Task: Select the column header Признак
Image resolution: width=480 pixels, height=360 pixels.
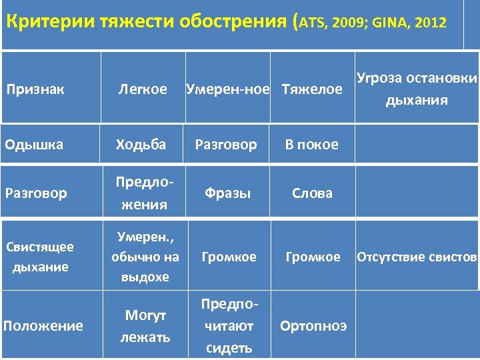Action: click(x=35, y=89)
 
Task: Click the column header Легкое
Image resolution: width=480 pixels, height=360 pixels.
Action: click(x=142, y=89)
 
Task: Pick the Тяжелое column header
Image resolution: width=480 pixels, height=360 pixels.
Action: click(x=312, y=89)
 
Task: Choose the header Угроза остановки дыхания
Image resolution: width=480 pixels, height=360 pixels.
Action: click(x=417, y=89)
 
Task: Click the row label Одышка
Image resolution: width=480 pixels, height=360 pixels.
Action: click(x=34, y=145)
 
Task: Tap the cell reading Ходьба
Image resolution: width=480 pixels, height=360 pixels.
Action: click(x=141, y=145)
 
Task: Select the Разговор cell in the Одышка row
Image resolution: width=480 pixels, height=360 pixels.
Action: click(x=225, y=145)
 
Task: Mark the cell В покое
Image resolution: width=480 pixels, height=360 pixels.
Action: click(x=312, y=145)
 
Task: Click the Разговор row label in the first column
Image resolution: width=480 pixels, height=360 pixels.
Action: click(x=36, y=194)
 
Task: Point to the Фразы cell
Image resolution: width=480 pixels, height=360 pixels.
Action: click(x=228, y=194)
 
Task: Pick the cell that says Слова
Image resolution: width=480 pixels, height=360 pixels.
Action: click(x=312, y=194)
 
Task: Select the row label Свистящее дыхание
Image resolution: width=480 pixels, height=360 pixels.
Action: click(x=40, y=257)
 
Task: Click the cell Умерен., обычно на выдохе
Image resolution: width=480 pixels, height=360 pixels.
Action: click(x=145, y=257)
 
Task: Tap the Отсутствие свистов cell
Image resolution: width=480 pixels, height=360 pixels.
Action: click(x=417, y=257)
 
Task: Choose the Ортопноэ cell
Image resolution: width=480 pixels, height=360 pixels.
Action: click(x=313, y=326)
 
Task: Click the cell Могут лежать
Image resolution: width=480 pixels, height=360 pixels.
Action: click(x=145, y=326)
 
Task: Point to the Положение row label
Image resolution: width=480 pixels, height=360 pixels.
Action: click(x=43, y=326)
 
